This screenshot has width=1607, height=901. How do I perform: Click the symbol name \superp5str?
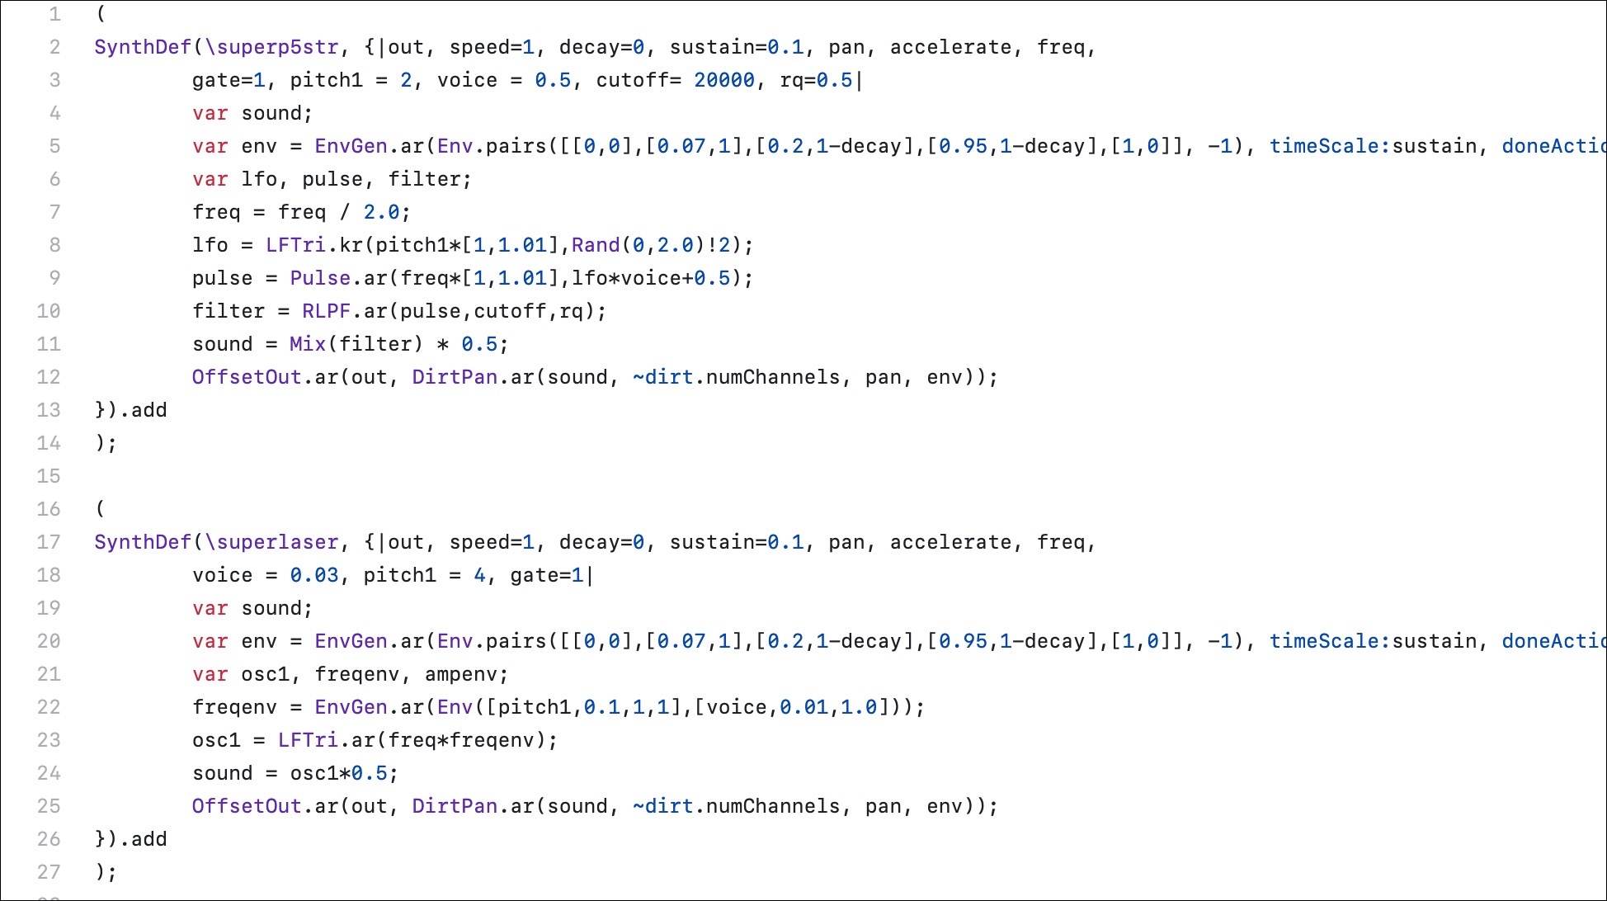(x=272, y=48)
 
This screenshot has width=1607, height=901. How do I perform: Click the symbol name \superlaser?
(x=272, y=543)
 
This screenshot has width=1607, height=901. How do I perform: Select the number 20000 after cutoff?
(x=723, y=81)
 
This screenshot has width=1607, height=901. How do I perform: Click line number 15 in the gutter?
(x=49, y=476)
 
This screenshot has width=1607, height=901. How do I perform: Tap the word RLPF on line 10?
(x=326, y=312)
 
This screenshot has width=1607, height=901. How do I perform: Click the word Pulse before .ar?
(x=320, y=278)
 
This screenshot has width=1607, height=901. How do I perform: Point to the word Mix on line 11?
(x=308, y=344)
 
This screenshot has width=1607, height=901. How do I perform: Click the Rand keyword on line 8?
(x=595, y=245)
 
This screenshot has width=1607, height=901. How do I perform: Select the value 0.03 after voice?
(x=314, y=576)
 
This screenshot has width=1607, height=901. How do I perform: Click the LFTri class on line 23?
(x=308, y=740)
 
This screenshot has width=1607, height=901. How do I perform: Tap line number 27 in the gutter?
(x=49, y=872)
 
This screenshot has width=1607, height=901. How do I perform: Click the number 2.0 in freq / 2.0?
(x=381, y=213)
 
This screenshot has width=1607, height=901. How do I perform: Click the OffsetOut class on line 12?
(x=247, y=377)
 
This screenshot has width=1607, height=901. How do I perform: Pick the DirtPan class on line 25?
(x=455, y=806)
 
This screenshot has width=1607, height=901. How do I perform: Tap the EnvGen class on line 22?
(x=351, y=708)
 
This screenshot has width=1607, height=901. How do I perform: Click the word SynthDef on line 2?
(x=143, y=48)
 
